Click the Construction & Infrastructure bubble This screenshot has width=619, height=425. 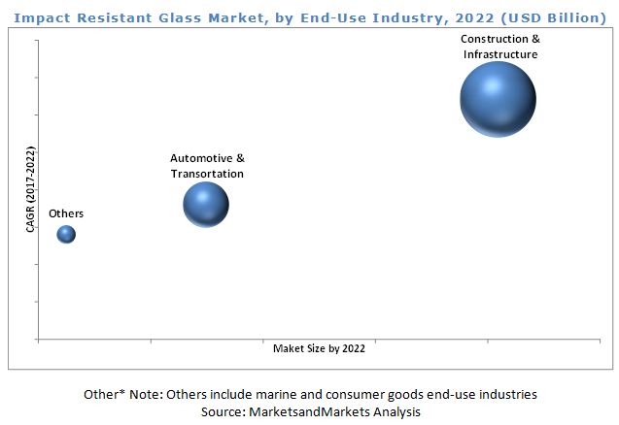click(x=498, y=100)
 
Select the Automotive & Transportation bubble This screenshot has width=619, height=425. click(x=206, y=204)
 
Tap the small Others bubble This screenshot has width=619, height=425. click(x=66, y=234)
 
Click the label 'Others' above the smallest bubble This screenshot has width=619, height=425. click(x=66, y=213)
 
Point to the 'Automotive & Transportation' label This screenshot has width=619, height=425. click(x=207, y=166)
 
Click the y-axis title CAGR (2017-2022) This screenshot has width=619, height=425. click(x=30, y=190)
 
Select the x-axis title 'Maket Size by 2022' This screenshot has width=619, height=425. click(x=319, y=348)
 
